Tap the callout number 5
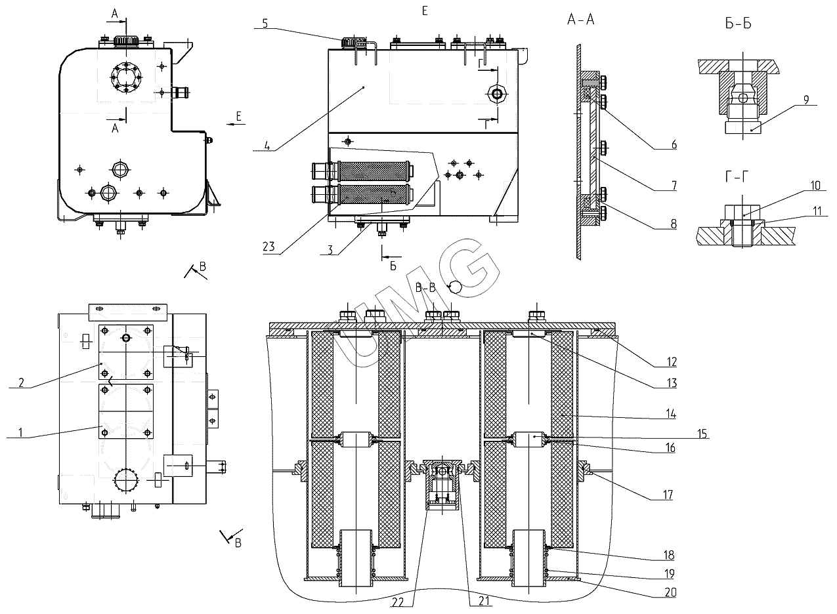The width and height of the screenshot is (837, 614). click(265, 23)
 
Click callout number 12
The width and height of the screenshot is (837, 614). click(671, 361)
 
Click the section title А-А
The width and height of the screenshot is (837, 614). click(581, 20)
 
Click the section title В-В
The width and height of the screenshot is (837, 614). click(427, 287)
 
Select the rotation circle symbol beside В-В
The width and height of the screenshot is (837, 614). click(454, 287)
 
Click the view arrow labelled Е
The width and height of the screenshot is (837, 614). click(231, 123)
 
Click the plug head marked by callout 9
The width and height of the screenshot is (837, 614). click(743, 127)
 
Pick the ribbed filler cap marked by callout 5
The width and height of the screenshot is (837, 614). click(352, 42)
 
